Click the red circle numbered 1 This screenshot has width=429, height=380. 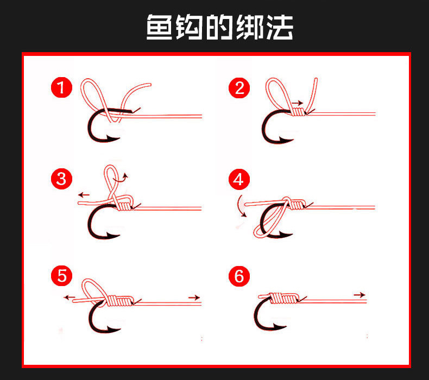point(61,88)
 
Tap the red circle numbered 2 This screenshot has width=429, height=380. point(239,88)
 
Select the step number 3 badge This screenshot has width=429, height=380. point(61,179)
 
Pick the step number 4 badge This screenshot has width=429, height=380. point(239,179)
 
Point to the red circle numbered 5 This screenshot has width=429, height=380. point(61,276)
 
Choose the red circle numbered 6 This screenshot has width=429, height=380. point(239,276)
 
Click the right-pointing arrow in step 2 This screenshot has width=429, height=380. point(296,102)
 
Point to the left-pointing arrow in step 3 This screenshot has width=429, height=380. point(84,194)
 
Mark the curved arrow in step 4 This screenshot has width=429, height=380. point(240,206)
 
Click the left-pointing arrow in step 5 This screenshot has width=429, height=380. point(69,297)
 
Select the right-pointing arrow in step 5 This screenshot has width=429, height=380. point(193,297)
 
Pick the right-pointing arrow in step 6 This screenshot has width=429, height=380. point(359,295)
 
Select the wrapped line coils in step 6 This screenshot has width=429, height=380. point(283,299)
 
